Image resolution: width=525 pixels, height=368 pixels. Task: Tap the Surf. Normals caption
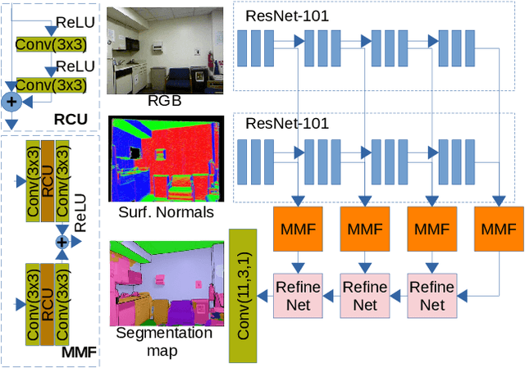click(167, 212)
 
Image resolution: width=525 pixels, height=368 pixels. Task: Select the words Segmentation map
click(164, 341)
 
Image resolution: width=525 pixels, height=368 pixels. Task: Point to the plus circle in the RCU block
click(11, 102)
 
